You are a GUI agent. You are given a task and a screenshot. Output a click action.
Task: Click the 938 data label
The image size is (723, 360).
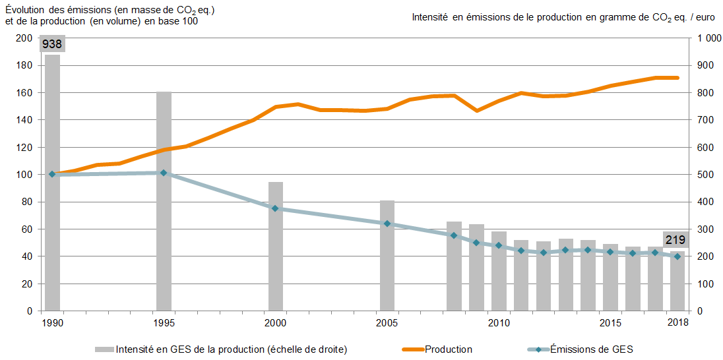tap(52, 45)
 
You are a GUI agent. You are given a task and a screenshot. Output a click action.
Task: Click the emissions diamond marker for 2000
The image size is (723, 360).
tap(275, 208)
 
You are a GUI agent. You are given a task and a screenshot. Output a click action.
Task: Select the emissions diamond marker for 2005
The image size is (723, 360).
tap(387, 224)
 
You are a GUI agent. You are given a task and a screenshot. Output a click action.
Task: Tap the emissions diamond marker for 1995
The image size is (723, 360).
tap(164, 173)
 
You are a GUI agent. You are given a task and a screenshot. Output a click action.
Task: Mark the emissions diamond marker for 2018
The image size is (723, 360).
tap(677, 256)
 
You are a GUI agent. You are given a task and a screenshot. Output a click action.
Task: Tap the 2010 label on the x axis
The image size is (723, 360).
tap(499, 322)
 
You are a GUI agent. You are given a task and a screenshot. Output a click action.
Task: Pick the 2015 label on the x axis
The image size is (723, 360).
tap(610, 322)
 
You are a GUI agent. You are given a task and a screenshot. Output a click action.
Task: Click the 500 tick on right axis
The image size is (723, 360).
tap(705, 175)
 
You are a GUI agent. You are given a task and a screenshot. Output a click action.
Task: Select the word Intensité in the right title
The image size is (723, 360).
tap(430, 16)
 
